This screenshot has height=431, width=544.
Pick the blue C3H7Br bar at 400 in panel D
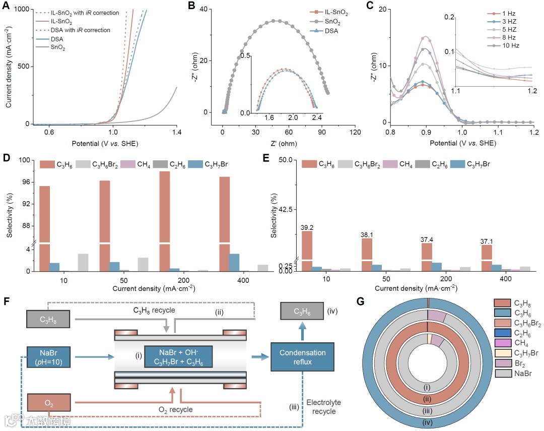pos(234,262)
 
